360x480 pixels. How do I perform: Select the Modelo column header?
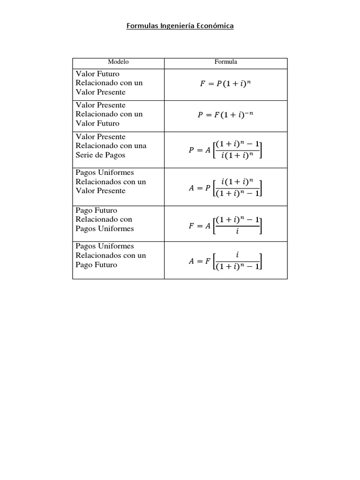(118, 62)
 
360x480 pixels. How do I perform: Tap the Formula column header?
(225, 62)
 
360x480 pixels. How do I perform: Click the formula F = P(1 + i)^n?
(225, 84)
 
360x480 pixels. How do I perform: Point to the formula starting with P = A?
(225, 150)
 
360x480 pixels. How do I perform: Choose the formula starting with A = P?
(225, 187)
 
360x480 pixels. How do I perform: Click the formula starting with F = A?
(225, 225)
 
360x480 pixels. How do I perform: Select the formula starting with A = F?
(225, 261)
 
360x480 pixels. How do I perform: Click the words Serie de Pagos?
(100, 155)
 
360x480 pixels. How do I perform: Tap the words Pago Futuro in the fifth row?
(97, 210)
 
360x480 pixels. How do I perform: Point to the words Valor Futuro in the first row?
(97, 74)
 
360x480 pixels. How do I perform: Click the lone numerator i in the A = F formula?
(237, 255)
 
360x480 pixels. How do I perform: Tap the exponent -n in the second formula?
(248, 112)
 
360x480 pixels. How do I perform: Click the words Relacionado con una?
(111, 146)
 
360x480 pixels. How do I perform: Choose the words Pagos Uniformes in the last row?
(105, 246)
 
